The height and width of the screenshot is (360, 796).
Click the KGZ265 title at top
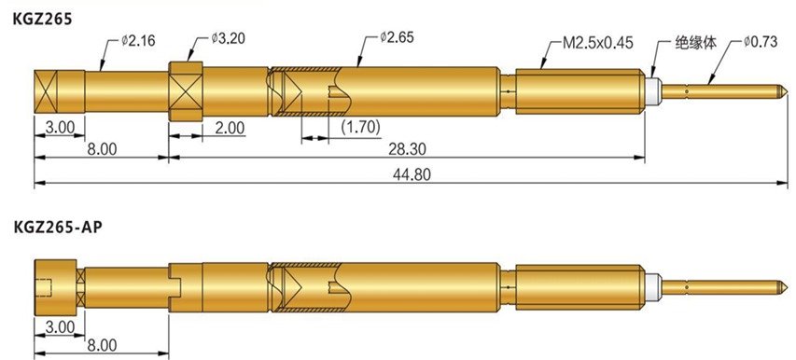point(43,20)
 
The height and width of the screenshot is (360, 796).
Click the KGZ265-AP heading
point(57,228)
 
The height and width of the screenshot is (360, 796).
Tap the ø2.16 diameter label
point(138,40)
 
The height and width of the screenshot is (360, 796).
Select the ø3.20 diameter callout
point(229,38)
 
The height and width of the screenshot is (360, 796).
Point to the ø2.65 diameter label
point(397,37)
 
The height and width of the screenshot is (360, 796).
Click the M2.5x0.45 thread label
point(598,43)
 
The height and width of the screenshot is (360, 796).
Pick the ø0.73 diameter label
point(760,42)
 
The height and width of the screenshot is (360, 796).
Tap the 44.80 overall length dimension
point(412,174)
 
